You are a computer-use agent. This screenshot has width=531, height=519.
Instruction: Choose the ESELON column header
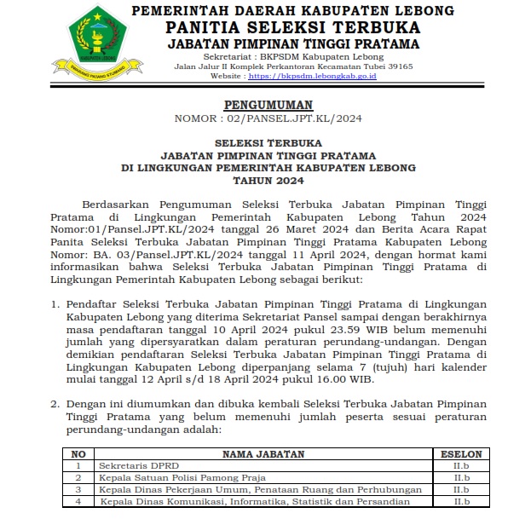461,454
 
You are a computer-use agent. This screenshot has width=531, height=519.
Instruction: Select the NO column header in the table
78,454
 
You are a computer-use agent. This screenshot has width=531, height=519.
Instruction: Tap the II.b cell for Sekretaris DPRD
461,466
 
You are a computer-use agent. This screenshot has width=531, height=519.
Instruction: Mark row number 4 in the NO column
78,502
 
